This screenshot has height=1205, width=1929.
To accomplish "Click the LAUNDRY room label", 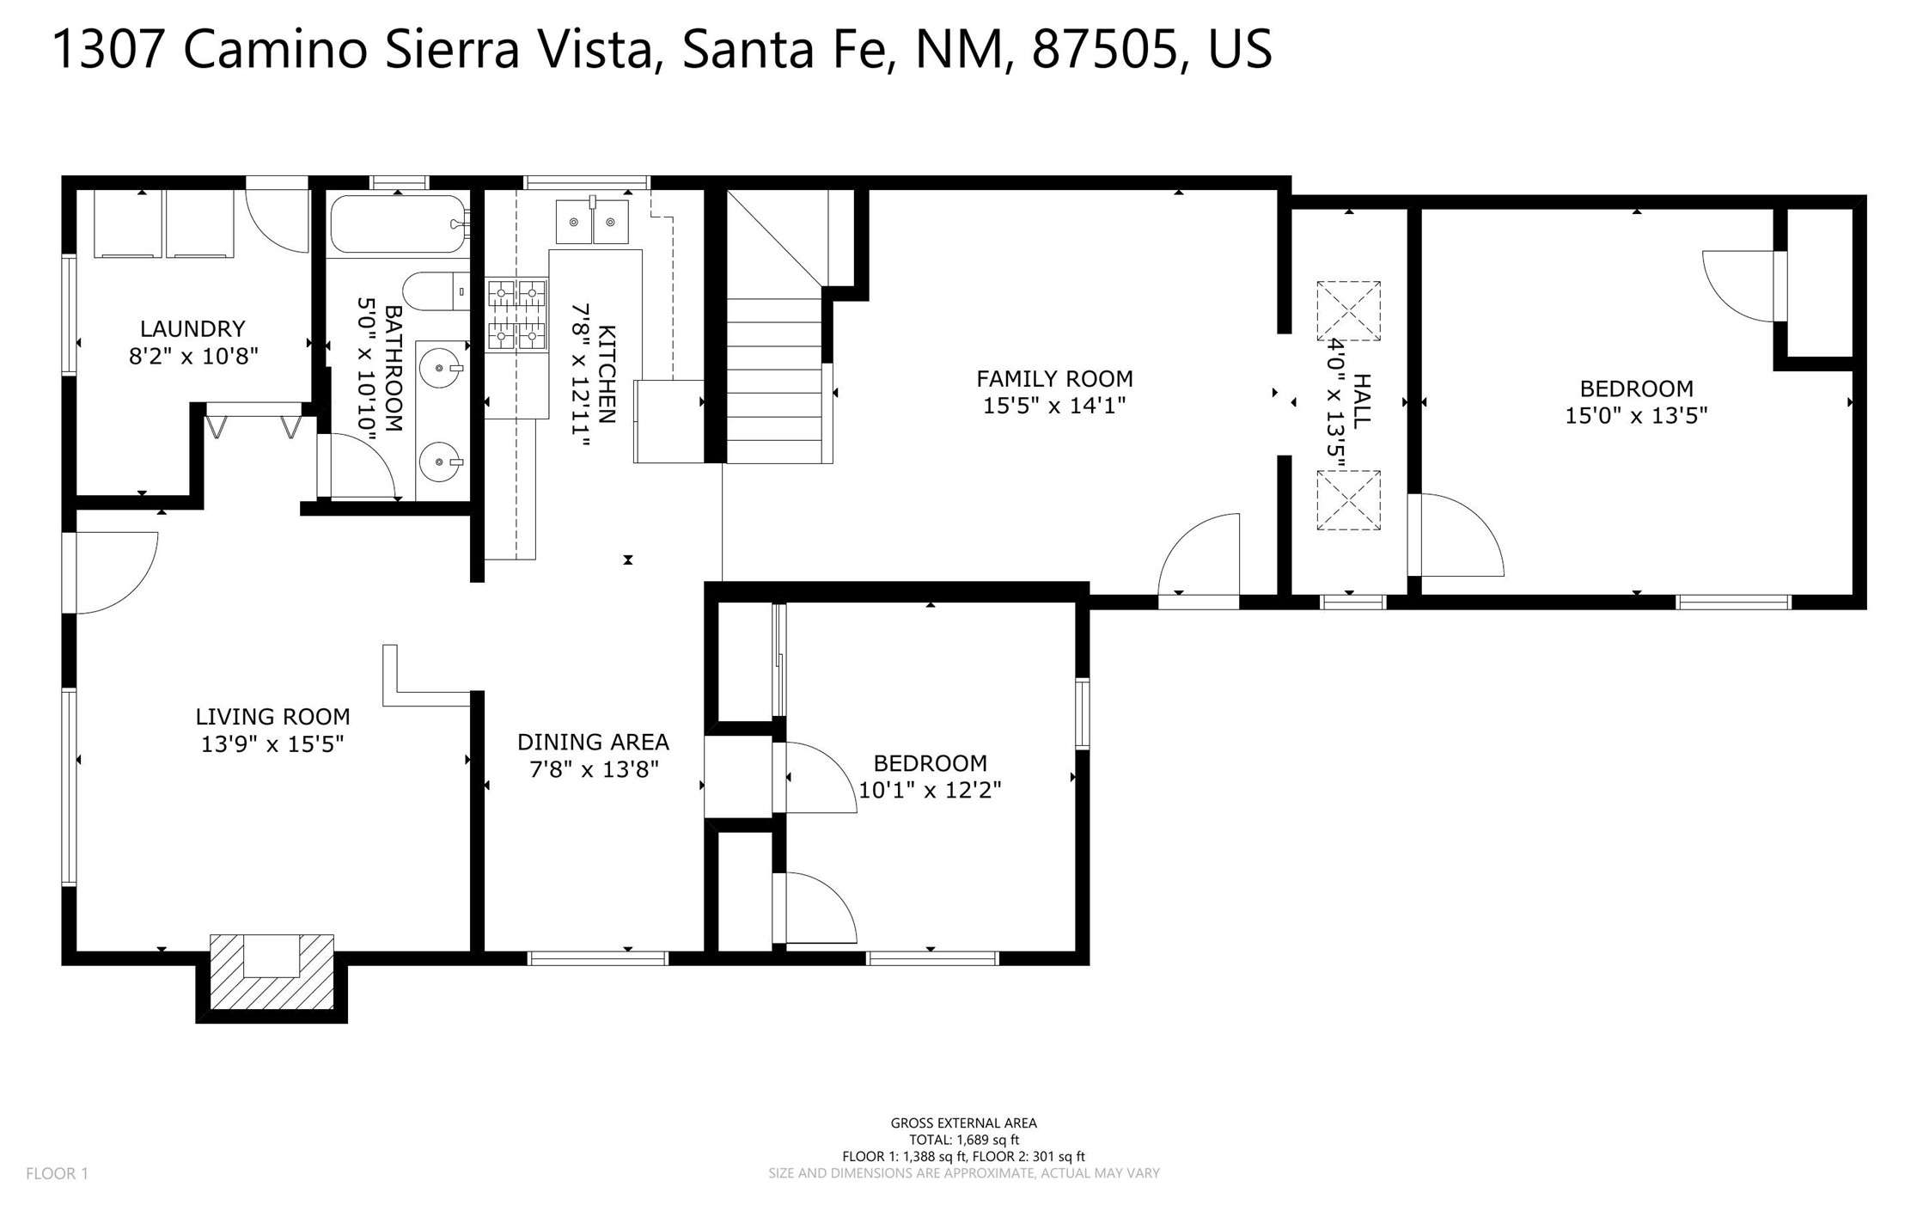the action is pyautogui.click(x=192, y=328).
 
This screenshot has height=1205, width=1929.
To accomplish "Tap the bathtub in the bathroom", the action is pyautogui.click(x=399, y=223).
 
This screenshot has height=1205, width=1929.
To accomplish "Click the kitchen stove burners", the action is pyautogui.click(x=517, y=315).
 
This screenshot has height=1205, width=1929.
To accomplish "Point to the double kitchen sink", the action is pyautogui.click(x=592, y=222).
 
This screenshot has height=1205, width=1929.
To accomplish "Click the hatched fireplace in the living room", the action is pyautogui.click(x=272, y=971).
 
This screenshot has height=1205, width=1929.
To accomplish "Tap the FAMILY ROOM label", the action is pyautogui.click(x=1054, y=378).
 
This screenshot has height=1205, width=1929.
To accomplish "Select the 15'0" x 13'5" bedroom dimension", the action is pyautogui.click(x=1636, y=415).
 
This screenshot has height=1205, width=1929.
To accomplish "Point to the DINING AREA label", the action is pyautogui.click(x=593, y=742).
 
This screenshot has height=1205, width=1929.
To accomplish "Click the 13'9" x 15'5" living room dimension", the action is pyautogui.click(x=272, y=743).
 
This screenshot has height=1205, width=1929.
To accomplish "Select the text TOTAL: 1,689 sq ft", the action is pyautogui.click(x=964, y=1140).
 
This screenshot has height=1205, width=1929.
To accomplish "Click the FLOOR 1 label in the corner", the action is pyautogui.click(x=58, y=1173).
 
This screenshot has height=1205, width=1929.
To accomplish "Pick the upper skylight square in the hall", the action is pyautogui.click(x=1348, y=311).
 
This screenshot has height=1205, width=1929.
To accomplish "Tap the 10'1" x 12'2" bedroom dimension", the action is pyautogui.click(x=930, y=790).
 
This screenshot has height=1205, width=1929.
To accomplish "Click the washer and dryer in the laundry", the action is pyautogui.click(x=163, y=223).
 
